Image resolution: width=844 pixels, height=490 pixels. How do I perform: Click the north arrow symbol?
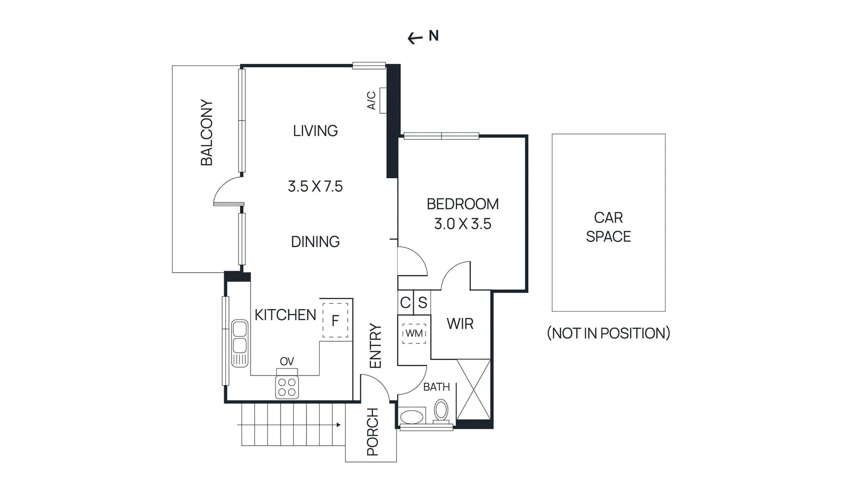pyautogui.click(x=415, y=38)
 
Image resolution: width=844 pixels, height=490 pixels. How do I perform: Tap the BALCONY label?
pyautogui.click(x=207, y=132)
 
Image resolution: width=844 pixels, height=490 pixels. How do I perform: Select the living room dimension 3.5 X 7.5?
pyautogui.click(x=315, y=186)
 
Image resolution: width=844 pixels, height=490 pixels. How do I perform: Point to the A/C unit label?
pyautogui.click(x=371, y=100)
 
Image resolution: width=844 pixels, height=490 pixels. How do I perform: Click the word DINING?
pyautogui.click(x=315, y=242)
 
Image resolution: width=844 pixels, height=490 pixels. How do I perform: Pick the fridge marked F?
pyautogui.click(x=335, y=320)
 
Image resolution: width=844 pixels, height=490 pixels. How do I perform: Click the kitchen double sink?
pyautogui.click(x=239, y=343)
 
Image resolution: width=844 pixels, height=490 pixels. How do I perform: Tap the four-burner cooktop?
pyautogui.click(x=287, y=387)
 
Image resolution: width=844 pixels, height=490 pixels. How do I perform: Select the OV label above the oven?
pyautogui.click(x=287, y=361)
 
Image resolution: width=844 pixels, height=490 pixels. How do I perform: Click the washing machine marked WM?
pyautogui.click(x=414, y=333)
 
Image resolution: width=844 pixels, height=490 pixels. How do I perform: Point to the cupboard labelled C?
pyautogui.click(x=405, y=303)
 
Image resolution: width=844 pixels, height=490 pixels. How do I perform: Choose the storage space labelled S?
pyautogui.click(x=423, y=303)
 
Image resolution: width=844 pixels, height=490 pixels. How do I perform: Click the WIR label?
pyautogui.click(x=460, y=324)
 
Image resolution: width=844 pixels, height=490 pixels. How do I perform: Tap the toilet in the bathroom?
pyautogui.click(x=441, y=410)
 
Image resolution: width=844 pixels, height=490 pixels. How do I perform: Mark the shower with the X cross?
pyautogui.click(x=473, y=390)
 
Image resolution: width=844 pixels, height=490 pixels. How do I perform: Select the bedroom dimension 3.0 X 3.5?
pyautogui.click(x=463, y=224)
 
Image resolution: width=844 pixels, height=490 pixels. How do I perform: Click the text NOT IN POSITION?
pyautogui.click(x=608, y=333)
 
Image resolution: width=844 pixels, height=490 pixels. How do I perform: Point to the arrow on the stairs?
pyautogui.click(x=338, y=425)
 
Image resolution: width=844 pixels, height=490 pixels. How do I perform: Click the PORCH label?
pyautogui.click(x=372, y=431)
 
